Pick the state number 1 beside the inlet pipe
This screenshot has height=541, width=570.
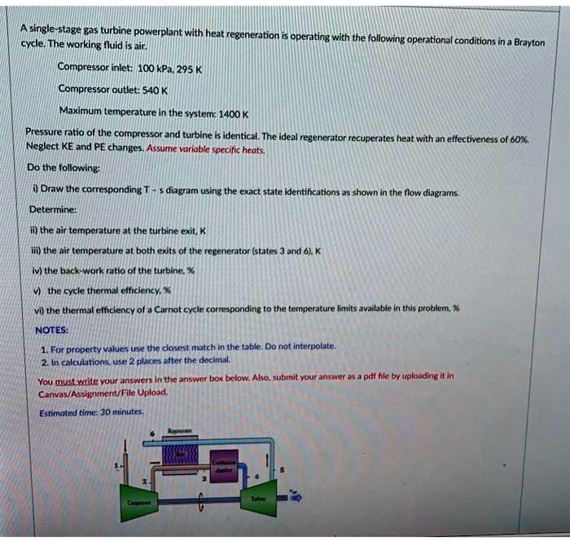click(x=116, y=466)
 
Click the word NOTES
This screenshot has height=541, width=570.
click(x=53, y=330)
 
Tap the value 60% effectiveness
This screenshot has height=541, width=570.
click(x=515, y=139)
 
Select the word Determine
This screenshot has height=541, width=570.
click(x=53, y=208)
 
